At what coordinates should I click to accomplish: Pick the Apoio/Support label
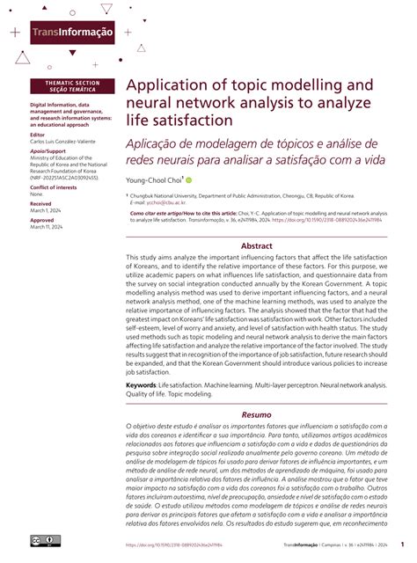[x=49, y=151]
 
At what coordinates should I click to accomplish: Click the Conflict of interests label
[x=57, y=188]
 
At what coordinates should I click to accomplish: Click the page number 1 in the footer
[x=401, y=544]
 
